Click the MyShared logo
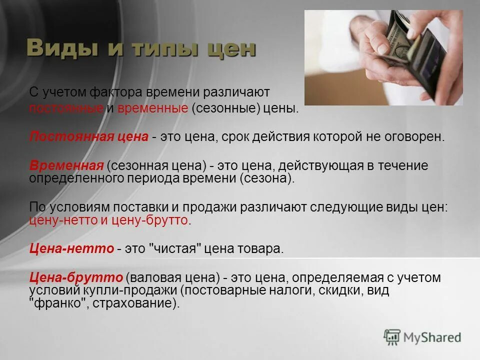(x=422, y=337)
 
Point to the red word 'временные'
(x=152, y=108)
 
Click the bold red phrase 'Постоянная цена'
(x=89, y=137)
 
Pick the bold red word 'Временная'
(x=66, y=165)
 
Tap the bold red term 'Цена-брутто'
(x=76, y=277)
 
